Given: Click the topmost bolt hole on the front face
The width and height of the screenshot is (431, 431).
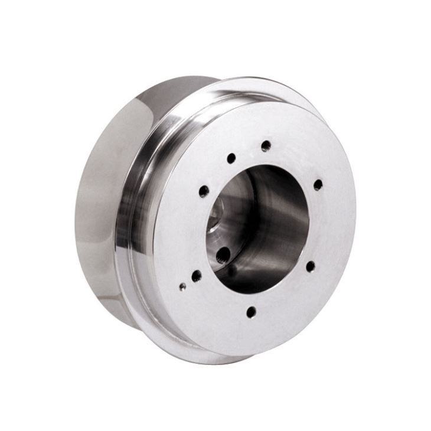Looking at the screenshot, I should point(266,145).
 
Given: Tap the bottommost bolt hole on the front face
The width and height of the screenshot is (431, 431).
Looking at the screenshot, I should point(252,312).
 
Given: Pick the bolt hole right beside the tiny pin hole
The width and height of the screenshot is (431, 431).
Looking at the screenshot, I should point(196,276).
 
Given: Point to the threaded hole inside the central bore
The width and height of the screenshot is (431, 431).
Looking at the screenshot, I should point(223,254).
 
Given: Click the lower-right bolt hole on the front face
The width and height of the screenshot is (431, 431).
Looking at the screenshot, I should point(310,266).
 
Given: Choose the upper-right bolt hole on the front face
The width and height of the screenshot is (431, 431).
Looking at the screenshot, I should point(318,185).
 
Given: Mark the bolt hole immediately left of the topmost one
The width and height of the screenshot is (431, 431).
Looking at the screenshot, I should point(231,158).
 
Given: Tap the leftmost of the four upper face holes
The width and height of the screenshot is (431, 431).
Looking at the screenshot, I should point(204,191).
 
